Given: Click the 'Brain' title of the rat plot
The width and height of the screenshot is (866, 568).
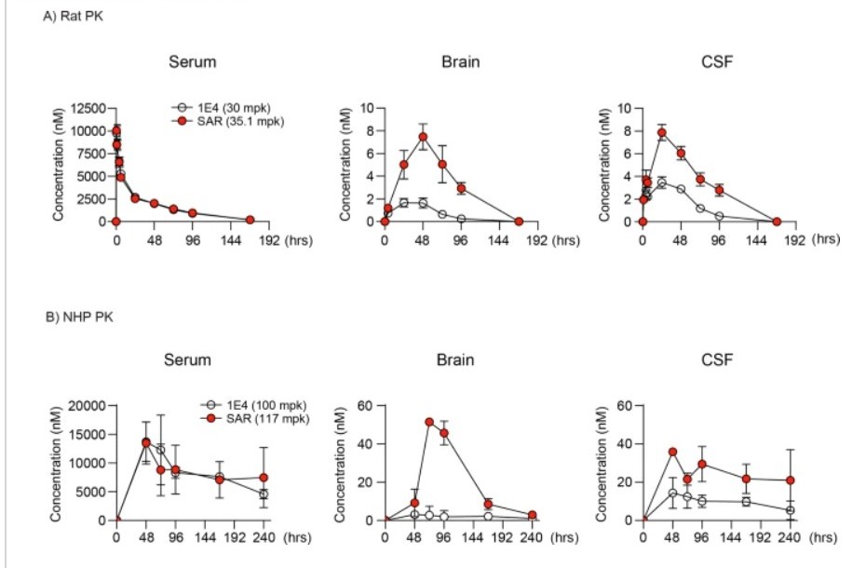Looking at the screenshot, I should (x=461, y=62).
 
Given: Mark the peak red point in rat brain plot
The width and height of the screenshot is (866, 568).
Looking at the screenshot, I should (x=423, y=137).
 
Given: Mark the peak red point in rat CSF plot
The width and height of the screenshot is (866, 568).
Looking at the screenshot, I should (x=662, y=132).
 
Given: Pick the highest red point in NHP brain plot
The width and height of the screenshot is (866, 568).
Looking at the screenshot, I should (x=429, y=422).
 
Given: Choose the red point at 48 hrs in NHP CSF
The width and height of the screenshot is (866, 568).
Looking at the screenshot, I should (x=672, y=452).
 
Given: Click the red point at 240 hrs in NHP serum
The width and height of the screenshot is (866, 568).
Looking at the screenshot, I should (x=264, y=478).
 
